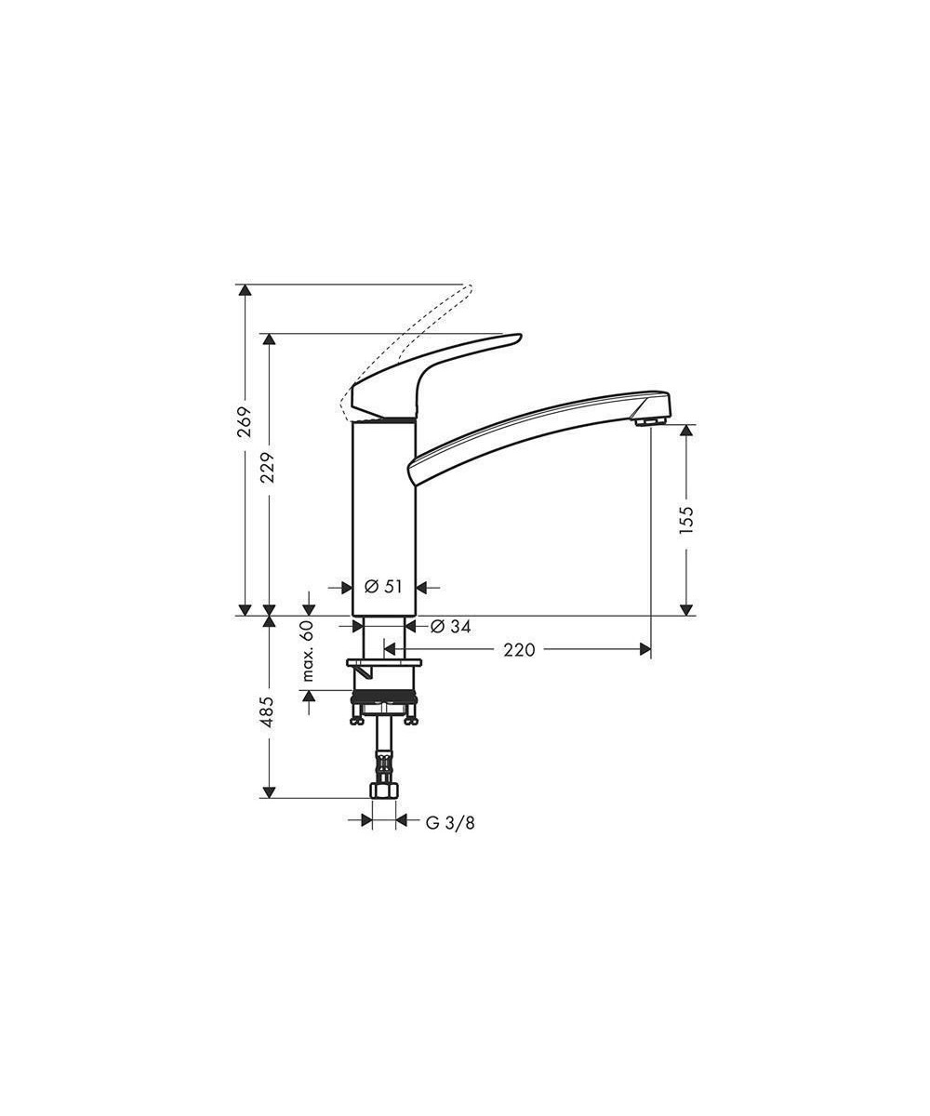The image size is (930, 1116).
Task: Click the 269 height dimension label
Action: pyautogui.click(x=245, y=421)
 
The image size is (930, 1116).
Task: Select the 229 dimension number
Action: pyautogui.click(x=268, y=468)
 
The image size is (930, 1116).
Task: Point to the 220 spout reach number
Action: pyautogui.click(x=519, y=650)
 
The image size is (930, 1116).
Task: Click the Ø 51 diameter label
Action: pyautogui.click(x=382, y=586)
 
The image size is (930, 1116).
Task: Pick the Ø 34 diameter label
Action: pyautogui.click(x=450, y=627)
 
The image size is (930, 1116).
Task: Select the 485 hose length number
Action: pyautogui.click(x=268, y=711)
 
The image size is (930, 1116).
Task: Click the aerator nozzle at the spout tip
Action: pyautogui.click(x=649, y=421)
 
